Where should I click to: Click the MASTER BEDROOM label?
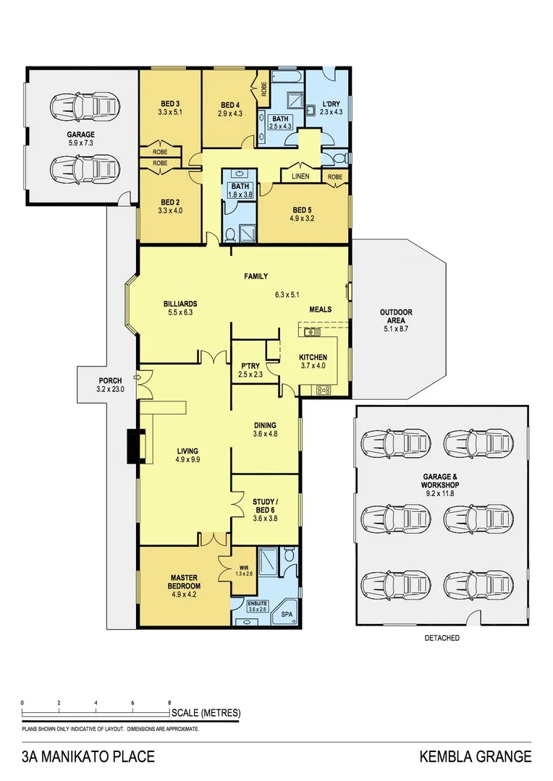pos(185,581)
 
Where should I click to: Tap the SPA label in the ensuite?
pos(286,614)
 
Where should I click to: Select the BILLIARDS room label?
pos(181,304)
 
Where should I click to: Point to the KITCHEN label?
pos(313,357)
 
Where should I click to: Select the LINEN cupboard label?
pos(300,176)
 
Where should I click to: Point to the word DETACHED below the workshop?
pos(442,639)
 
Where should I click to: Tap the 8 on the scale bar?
pos(169,703)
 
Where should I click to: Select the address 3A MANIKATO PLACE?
pos(88,757)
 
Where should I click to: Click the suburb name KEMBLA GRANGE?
pos(476,757)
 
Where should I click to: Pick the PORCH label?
pos(110,380)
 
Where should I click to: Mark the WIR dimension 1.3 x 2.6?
pos(243,574)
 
